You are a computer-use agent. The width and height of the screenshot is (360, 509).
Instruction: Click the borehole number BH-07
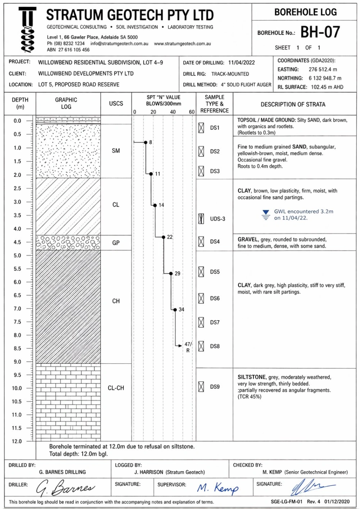pos(320,32)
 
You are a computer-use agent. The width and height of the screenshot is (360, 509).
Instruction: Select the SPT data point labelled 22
pos(164,237)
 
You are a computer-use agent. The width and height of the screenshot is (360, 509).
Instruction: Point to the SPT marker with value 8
pos(146,143)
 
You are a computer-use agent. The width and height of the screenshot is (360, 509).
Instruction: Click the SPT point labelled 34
pos(175,309)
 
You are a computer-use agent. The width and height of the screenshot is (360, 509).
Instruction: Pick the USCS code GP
pos(116,243)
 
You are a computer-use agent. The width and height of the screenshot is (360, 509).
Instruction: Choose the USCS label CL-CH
pos(116,388)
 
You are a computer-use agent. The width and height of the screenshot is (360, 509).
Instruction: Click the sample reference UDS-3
pos(218,219)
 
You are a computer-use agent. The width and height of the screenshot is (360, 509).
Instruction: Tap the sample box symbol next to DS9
pos(201,387)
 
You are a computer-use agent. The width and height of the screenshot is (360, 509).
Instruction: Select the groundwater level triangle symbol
pos(266,212)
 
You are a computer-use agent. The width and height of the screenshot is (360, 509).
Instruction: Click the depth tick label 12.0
pos(17,441)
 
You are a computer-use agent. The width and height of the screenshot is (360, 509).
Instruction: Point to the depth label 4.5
pos(17,242)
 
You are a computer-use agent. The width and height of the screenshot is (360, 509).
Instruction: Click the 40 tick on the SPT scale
pos(173,112)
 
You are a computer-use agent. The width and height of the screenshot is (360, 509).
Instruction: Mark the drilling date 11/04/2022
pos(241,63)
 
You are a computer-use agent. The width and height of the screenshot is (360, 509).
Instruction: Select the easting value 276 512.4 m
pos(323,69)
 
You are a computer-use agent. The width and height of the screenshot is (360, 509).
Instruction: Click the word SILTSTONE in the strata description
pos(251,377)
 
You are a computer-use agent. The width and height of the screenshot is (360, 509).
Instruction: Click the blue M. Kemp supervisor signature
pos(218,488)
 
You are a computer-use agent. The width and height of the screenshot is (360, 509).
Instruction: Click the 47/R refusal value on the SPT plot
pos(188,347)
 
